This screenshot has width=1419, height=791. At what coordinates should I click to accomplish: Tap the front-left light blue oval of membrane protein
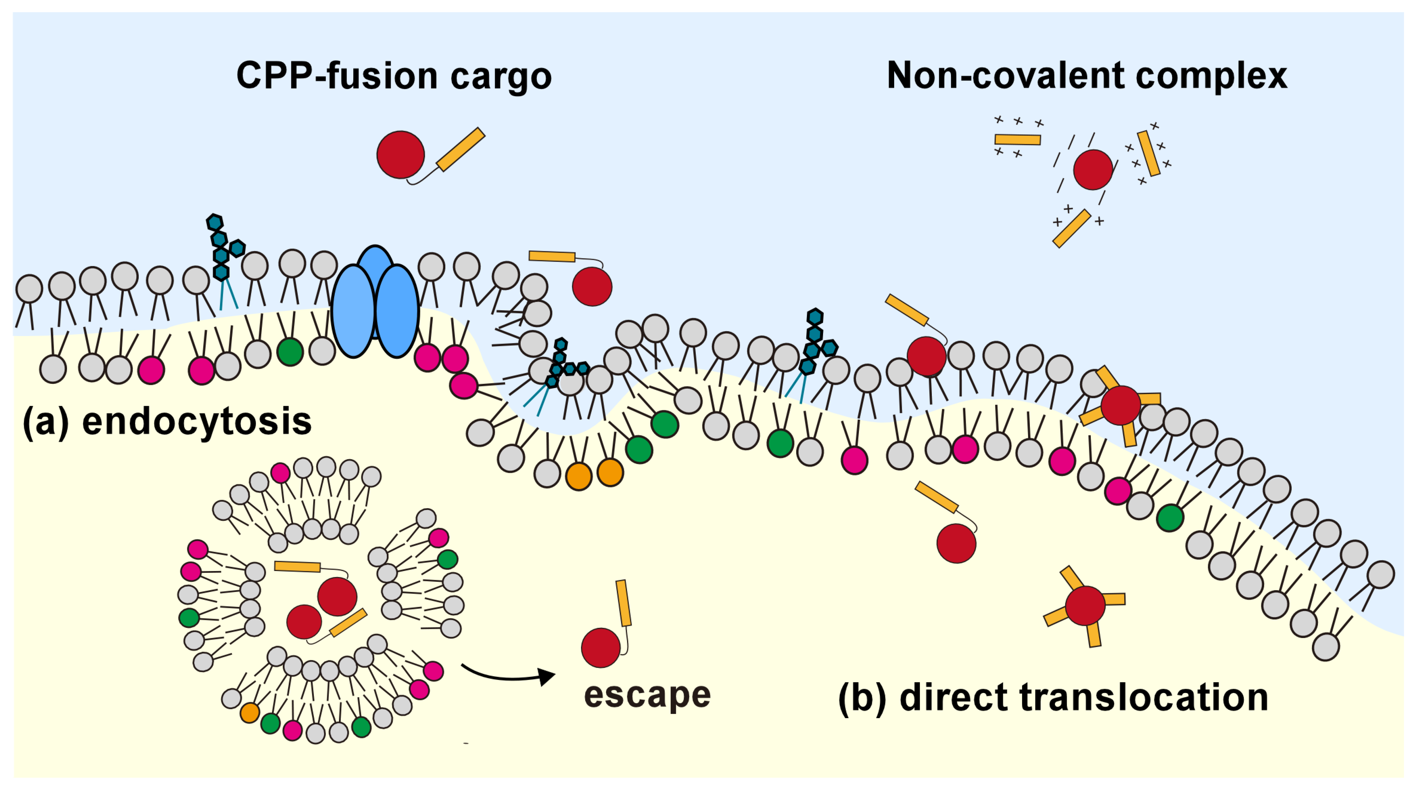coord(353,311)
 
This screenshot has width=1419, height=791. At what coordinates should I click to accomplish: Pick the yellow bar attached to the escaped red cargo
coord(624,603)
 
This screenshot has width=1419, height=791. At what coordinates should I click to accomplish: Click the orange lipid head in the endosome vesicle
coord(250,713)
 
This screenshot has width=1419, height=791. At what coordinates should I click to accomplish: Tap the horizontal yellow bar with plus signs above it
coord(1017,139)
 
